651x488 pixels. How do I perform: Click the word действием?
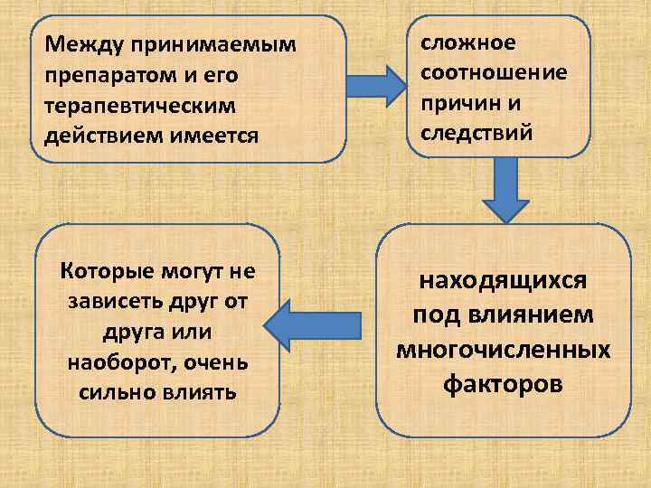[100, 136]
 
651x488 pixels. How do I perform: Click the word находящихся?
[503, 280]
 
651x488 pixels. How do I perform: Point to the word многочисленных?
[503, 350]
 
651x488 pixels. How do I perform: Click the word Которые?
[98, 270]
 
